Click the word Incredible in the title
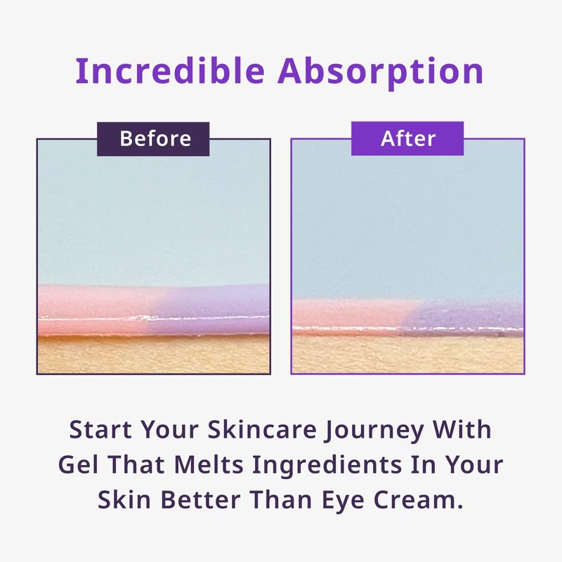[x=170, y=71]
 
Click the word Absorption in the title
[x=381, y=72]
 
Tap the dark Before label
[x=153, y=138]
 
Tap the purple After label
[x=407, y=138]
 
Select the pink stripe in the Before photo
[x=97, y=310]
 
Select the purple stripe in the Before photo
[x=211, y=309]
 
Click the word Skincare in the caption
[x=262, y=429]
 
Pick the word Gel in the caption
[x=78, y=464]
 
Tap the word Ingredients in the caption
[x=327, y=466]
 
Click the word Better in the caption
[x=200, y=499]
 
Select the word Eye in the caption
[x=343, y=502]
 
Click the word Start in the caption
[x=100, y=429]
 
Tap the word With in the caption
[x=462, y=429]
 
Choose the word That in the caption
[x=136, y=464]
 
